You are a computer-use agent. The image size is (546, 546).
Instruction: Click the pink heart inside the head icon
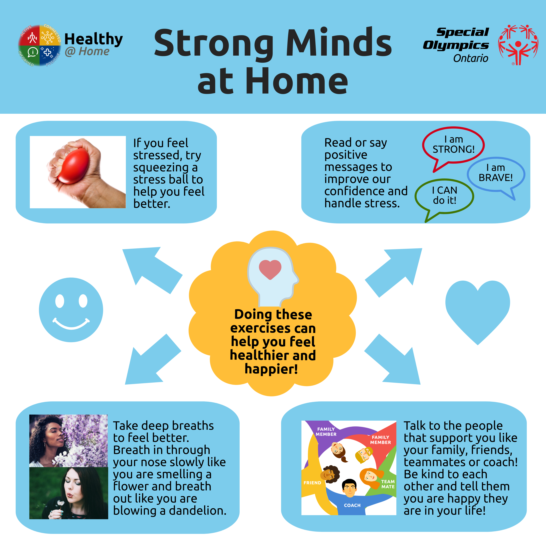coord(270,269)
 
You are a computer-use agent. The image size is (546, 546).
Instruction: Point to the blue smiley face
coord(71,310)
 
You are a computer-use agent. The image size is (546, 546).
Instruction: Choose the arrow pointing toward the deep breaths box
coord(153,359)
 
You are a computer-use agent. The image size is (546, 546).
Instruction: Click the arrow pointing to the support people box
coord(392,359)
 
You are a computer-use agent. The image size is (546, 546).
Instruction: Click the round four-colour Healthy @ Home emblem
coord(40,45)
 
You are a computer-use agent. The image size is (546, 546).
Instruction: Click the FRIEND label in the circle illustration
coord(312,483)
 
